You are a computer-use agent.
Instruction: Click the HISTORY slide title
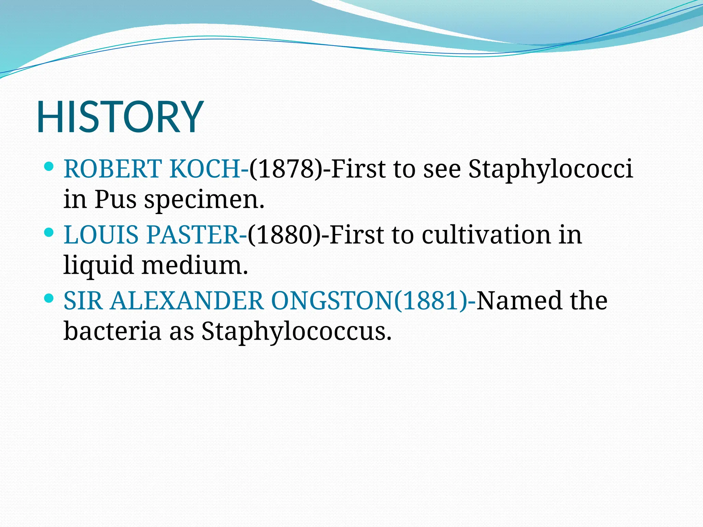[x=120, y=116]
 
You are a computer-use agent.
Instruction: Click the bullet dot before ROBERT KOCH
[x=49, y=167]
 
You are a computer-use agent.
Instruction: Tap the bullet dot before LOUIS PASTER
[x=49, y=233]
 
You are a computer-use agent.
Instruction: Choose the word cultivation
[x=486, y=235]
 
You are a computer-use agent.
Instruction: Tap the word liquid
[x=99, y=265]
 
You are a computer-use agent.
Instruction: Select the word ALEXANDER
[x=187, y=301]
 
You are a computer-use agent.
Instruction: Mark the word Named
[x=519, y=301]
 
